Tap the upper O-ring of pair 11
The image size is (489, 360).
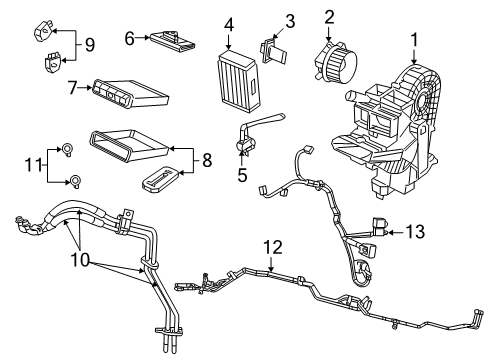click(67, 150)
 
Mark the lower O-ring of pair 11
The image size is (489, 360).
click(73, 181)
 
